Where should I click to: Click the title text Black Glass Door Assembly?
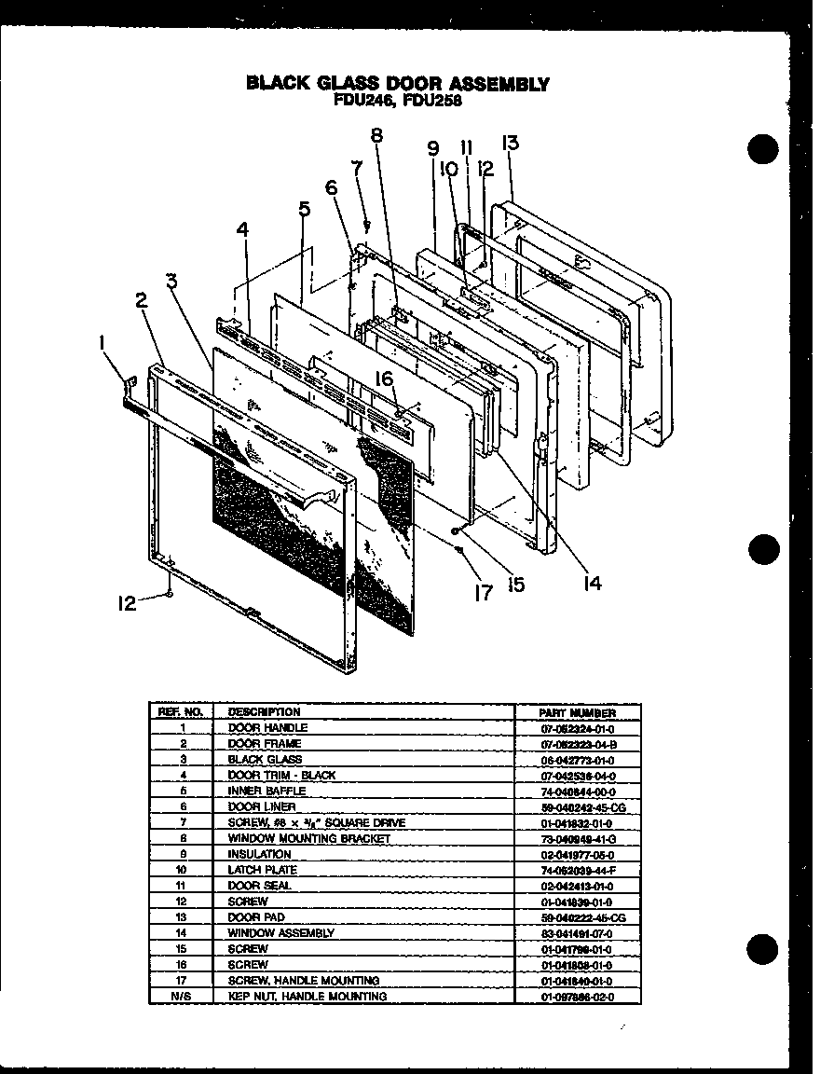[x=398, y=83]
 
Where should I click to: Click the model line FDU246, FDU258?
[x=398, y=100]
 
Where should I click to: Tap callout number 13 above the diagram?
[x=510, y=143]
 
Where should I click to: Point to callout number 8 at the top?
[x=376, y=134]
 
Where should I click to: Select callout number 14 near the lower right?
[x=592, y=583]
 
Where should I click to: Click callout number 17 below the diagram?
[x=482, y=592]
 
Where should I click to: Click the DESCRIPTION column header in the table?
[x=265, y=711]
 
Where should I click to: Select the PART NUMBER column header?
[x=578, y=711]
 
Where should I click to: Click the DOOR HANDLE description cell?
[x=267, y=727]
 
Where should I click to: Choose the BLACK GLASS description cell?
[x=266, y=759]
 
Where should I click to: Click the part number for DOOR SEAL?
[x=578, y=886]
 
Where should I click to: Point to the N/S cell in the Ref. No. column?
[x=182, y=997]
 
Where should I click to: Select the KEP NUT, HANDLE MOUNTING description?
[x=307, y=997]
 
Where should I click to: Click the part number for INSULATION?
[x=578, y=854]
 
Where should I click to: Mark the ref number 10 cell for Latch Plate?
[x=182, y=870]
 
